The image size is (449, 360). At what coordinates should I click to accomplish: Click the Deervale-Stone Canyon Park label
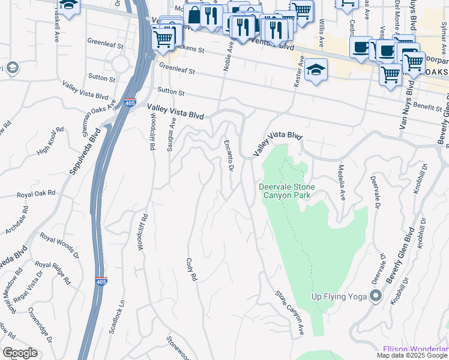287,191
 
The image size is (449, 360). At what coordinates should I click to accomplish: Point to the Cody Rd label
191,271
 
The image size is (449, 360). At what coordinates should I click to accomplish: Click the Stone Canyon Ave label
290,312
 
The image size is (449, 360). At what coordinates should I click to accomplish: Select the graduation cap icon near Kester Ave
316,70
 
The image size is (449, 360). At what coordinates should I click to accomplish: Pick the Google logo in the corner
20,353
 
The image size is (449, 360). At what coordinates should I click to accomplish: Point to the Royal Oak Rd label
36,194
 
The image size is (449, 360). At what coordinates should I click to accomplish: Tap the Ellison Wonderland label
415,349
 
